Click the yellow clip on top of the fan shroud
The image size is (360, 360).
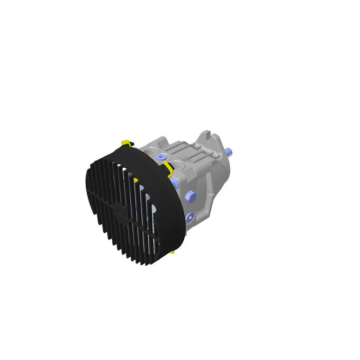(126, 143)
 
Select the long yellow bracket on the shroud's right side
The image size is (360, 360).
(167, 168)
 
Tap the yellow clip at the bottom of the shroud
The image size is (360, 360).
(172, 252)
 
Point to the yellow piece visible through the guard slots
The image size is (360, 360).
(135, 180)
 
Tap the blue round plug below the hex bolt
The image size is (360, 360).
(189, 217)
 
